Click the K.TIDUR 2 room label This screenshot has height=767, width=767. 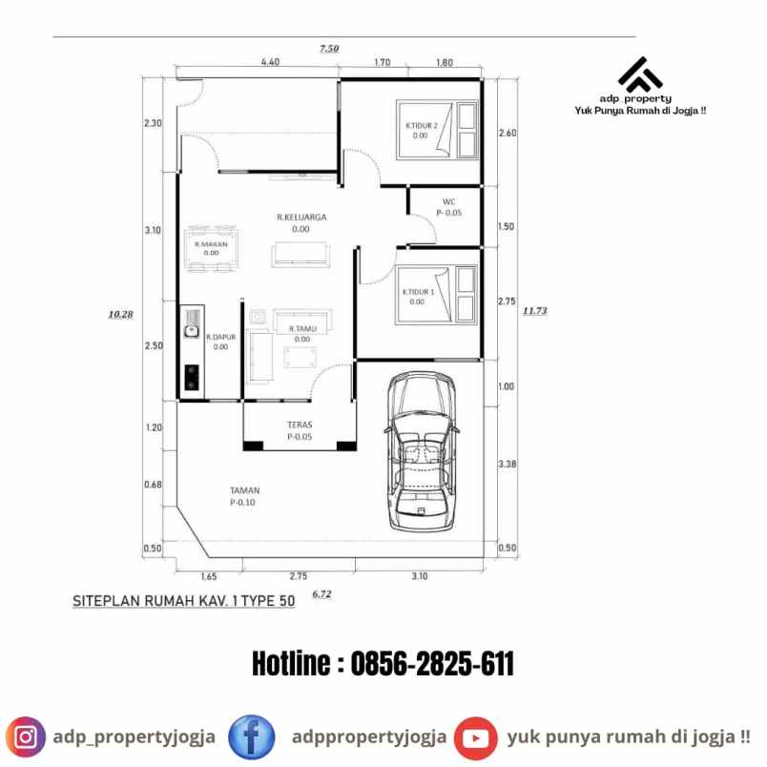click(421, 126)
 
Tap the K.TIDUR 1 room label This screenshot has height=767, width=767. click(418, 292)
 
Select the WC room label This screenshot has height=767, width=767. click(448, 201)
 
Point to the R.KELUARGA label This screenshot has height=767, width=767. click(301, 218)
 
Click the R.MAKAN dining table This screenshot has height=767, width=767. click(212, 248)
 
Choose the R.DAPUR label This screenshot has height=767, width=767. click(220, 337)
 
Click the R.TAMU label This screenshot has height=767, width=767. click(301, 329)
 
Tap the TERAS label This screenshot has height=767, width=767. click(301, 425)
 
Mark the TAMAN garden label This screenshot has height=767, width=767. click(244, 491)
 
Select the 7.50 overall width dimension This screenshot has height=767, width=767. click(329, 49)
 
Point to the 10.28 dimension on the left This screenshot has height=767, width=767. click(120, 313)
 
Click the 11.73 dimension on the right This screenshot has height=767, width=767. click(534, 310)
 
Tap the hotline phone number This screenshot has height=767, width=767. click(383, 664)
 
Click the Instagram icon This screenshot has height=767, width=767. click(27, 737)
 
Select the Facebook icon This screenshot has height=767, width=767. click(252, 737)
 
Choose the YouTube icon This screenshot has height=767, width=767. click(475, 737)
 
